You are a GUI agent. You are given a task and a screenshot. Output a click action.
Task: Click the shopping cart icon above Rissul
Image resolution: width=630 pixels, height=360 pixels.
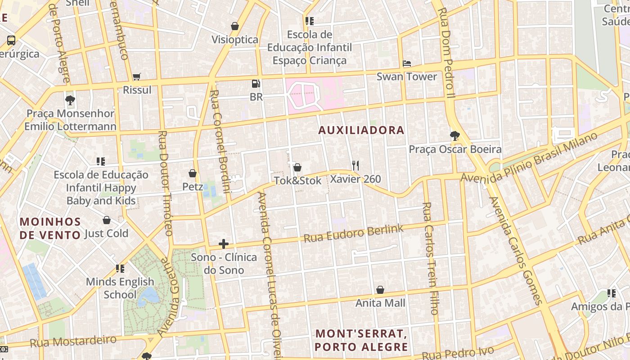[x=137, y=77]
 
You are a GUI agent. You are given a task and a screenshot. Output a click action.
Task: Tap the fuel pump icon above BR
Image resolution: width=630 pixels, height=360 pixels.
[x=256, y=84]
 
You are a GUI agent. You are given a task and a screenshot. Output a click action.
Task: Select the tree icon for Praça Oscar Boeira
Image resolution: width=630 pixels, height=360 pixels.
[x=455, y=135]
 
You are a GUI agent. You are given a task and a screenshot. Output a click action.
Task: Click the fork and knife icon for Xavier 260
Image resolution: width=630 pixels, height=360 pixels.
[x=355, y=166]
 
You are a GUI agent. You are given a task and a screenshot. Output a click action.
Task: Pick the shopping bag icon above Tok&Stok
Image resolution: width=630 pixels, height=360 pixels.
[x=297, y=168]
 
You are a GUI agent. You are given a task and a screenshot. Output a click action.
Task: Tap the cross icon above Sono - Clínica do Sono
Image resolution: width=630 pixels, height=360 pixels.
[x=224, y=244]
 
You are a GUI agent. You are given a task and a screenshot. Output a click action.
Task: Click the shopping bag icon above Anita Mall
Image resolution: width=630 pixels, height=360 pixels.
[x=380, y=290]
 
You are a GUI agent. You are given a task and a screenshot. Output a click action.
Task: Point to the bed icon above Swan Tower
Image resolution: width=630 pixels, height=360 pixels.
[x=407, y=63]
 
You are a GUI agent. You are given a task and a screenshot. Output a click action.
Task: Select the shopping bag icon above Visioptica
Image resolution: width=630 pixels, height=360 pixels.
[x=235, y=26]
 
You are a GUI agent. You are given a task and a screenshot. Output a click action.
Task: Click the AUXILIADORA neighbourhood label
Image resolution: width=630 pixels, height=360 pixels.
[x=362, y=130]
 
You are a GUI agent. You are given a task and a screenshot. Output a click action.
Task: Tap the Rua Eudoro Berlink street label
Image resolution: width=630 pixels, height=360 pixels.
[x=354, y=233]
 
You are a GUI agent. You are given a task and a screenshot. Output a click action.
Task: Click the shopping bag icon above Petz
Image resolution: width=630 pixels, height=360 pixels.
[x=193, y=173]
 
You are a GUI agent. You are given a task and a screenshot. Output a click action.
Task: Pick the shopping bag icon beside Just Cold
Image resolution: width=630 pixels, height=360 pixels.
[x=107, y=220]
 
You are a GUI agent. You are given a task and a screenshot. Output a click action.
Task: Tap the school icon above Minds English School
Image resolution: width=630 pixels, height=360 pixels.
[x=120, y=269]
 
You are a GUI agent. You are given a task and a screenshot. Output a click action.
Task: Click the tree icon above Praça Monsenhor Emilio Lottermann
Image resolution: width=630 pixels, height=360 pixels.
[x=70, y=100]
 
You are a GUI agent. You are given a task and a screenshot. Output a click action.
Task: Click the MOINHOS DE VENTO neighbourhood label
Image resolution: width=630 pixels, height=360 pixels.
[x=50, y=228]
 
